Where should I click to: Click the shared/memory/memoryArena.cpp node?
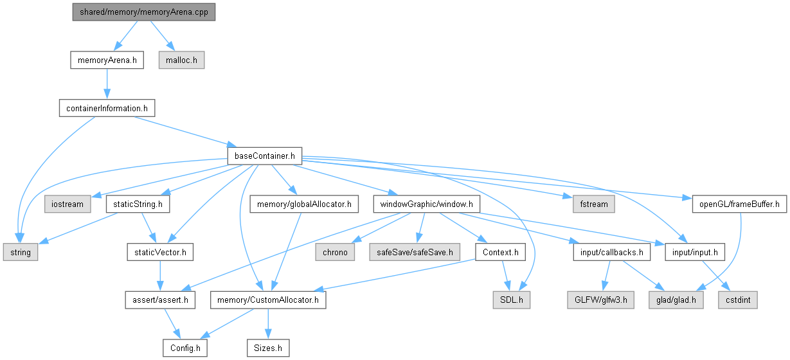tap(143, 12)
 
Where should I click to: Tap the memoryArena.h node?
tap(106, 60)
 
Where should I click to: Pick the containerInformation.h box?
tap(106, 108)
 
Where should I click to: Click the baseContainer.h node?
tap(265, 156)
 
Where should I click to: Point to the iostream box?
tap(65, 204)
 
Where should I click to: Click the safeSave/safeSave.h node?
tap(415, 252)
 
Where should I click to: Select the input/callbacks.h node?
tap(611, 252)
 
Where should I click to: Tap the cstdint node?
tap(737, 300)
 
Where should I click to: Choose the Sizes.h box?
tap(268, 348)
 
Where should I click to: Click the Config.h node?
tap(184, 348)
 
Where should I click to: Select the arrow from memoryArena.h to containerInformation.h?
tap(106, 84)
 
